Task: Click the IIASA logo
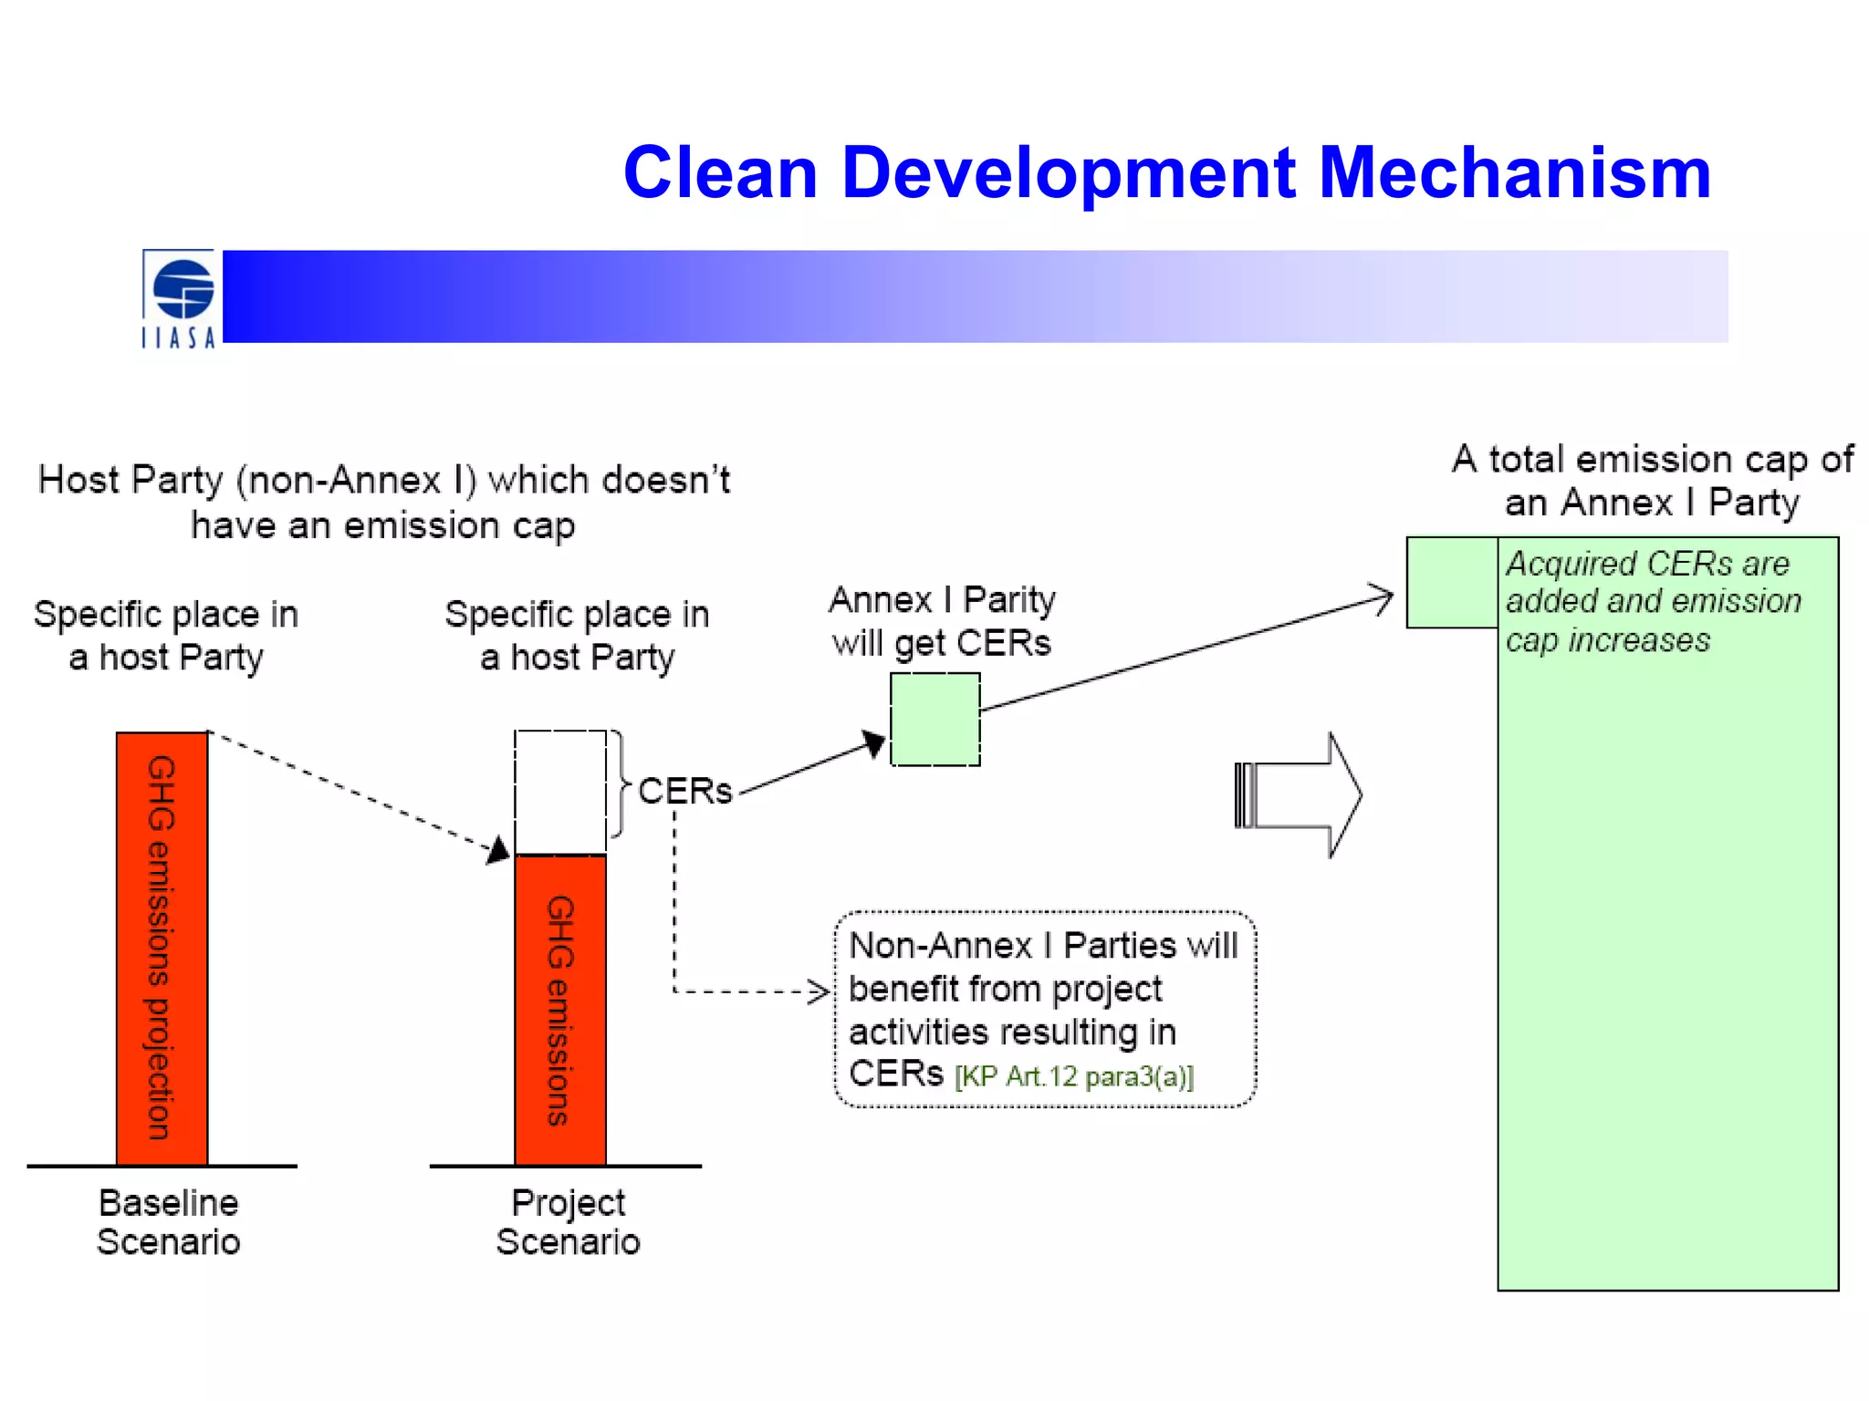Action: pos(180,299)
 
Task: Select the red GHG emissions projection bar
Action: pos(162,949)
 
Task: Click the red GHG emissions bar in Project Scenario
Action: pos(560,1010)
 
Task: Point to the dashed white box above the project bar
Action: pos(560,792)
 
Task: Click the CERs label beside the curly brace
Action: pos(684,791)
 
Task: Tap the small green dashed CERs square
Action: pos(934,720)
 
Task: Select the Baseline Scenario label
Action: pos(169,1222)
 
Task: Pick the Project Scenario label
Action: pos(568,1222)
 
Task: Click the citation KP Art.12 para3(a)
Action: pos(1074,1077)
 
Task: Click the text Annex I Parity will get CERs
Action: pos(942,621)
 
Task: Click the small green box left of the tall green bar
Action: pos(1451,583)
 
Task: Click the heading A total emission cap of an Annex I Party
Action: pos(1652,480)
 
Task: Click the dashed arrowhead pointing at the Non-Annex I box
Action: pos(819,991)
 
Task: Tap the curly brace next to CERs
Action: pos(621,784)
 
